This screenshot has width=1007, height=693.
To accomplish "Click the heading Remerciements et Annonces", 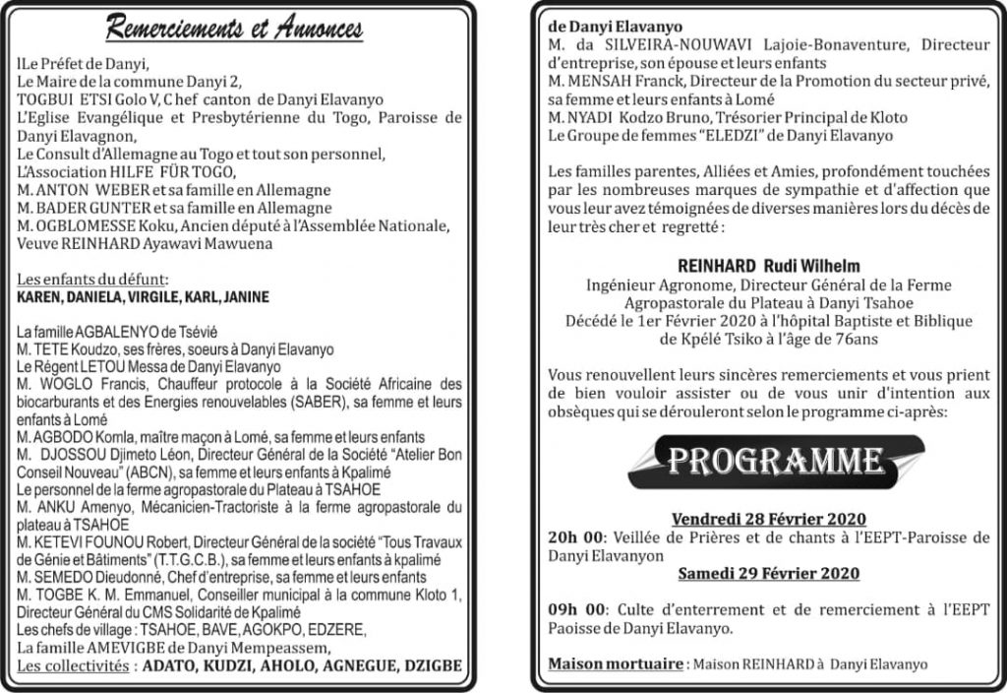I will pyautogui.click(x=234, y=29).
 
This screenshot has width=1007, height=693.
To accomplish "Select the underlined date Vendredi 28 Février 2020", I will pyautogui.click(x=768, y=519).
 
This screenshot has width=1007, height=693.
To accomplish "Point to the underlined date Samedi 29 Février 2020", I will pyautogui.click(x=768, y=574).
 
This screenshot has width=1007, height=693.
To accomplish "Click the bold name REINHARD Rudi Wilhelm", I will pyautogui.click(x=768, y=266).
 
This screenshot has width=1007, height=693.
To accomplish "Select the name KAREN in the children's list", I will pyautogui.click(x=41, y=296).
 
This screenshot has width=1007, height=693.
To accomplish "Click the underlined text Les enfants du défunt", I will pyautogui.click(x=92, y=280).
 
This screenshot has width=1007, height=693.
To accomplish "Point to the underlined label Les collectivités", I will pyautogui.click(x=74, y=665).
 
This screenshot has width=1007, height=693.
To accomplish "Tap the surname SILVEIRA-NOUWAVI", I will pyautogui.click(x=661, y=44).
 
